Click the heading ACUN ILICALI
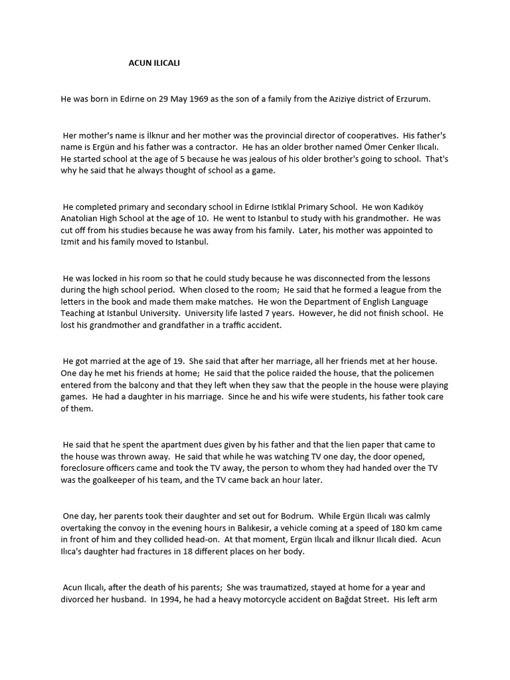click(x=154, y=64)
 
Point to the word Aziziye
click(x=345, y=99)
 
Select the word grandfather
click(x=183, y=325)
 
